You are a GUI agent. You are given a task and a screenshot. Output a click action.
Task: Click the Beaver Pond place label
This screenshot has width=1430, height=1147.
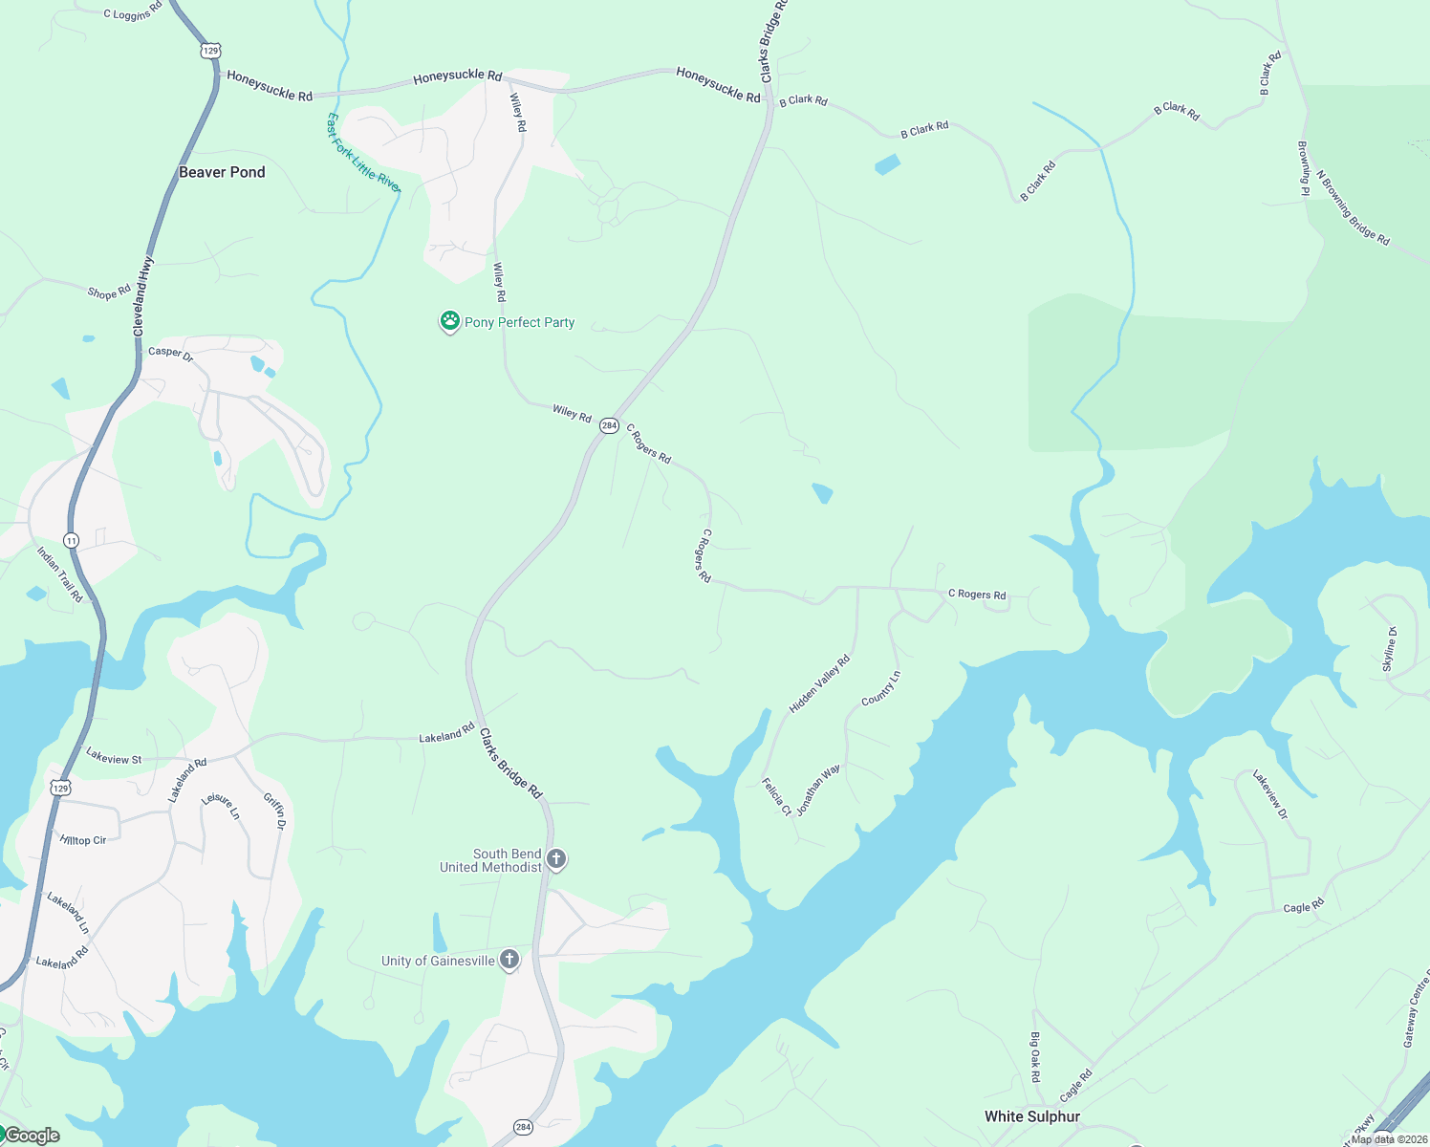(222, 172)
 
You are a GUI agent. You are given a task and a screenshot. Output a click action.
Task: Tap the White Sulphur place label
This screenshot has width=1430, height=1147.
(1032, 1116)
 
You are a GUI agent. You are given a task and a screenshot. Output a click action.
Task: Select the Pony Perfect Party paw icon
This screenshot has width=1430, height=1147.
(449, 321)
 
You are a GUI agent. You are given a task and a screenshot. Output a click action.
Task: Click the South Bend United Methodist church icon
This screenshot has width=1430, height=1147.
(556, 858)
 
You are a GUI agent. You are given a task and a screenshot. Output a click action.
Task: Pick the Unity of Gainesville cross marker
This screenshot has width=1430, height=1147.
(509, 960)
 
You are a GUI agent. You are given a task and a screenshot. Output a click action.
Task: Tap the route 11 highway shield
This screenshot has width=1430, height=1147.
(72, 541)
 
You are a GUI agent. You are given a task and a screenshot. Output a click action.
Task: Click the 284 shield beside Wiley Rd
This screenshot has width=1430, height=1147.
(609, 426)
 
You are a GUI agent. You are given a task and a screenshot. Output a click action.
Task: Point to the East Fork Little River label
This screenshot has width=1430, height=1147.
(362, 153)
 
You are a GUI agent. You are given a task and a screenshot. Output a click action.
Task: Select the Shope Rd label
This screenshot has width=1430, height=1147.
(109, 292)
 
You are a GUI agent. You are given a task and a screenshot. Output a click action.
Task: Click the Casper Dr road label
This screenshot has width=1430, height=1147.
(170, 353)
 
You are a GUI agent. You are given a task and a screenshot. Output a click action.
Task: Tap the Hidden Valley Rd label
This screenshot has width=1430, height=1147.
(819, 684)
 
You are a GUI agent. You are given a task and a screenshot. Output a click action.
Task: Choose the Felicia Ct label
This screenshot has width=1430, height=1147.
(776, 797)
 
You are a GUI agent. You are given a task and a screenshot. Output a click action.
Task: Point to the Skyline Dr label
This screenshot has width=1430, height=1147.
(1390, 649)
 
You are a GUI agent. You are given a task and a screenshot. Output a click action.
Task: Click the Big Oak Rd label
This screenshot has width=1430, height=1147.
(1034, 1057)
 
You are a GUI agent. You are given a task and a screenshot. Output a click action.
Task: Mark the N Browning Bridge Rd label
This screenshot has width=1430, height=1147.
(1353, 208)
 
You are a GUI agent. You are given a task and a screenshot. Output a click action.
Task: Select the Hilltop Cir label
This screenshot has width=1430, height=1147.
(83, 840)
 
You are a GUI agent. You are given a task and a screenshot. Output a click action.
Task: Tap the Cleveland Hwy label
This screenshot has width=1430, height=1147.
(143, 296)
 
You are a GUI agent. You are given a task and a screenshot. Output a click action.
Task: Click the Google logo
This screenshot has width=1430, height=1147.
(32, 1136)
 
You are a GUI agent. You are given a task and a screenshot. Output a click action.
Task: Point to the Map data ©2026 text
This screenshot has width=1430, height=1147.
(1389, 1139)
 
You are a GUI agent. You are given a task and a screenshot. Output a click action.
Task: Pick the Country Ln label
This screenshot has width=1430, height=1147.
(880, 688)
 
